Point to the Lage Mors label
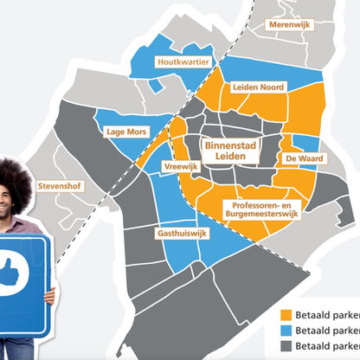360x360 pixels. tap(124, 132)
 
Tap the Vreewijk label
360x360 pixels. tap(180, 165)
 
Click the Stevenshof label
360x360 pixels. tap(58, 186)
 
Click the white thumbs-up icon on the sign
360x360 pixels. tap(12, 273)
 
